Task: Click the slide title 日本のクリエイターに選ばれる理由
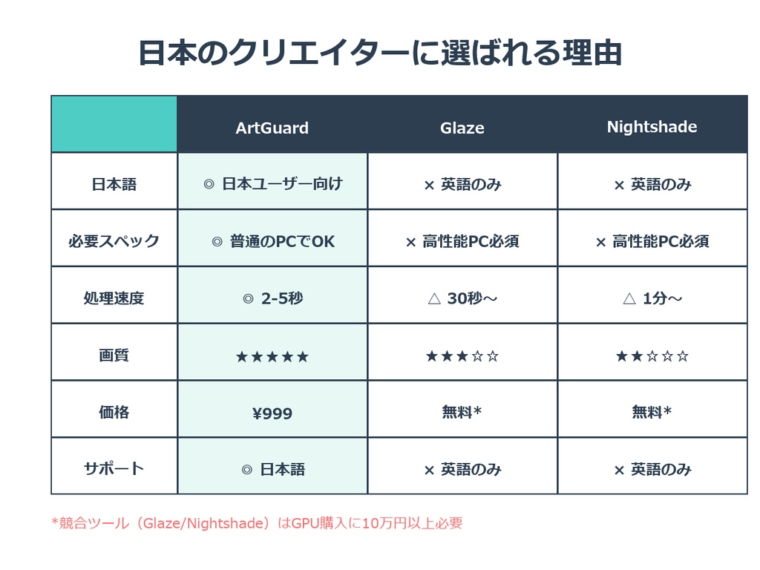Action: pos(379,53)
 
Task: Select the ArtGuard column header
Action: pos(272,128)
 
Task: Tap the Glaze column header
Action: pos(462,128)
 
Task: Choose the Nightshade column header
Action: pos(652,127)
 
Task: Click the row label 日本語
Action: pos(114,184)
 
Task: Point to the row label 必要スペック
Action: pos(114,241)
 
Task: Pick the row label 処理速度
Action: pos(114,298)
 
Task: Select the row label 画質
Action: pos(114,356)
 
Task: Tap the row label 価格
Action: pos(114,412)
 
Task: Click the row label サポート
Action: pos(114,469)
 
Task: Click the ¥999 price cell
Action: pos(272,413)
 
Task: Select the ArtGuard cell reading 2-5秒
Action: pos(272,298)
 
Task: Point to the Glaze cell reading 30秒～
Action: pos(462,298)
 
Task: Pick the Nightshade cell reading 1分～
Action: pos(652,298)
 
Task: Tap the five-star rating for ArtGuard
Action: pos(272,357)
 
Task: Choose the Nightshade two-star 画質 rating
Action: pos(652,356)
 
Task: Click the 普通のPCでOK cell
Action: pos(272,241)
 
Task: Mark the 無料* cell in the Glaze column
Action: pos(462,412)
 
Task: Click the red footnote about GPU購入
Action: pos(257,523)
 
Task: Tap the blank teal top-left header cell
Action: pos(114,124)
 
